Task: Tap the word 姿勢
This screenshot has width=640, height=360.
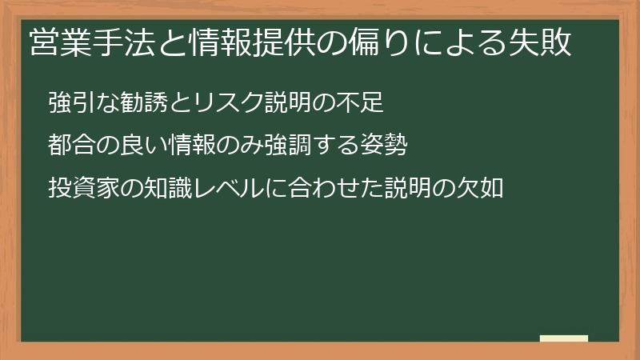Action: tap(384, 145)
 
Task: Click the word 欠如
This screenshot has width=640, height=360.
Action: tap(479, 188)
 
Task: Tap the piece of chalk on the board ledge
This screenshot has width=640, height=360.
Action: tap(564, 338)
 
